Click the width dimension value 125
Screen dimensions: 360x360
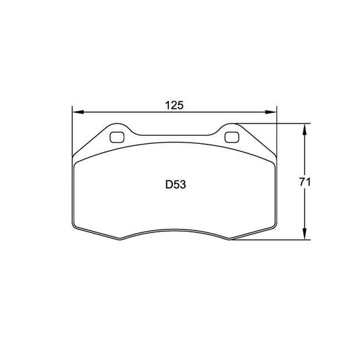point(175,105)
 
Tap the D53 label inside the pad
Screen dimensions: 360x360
point(175,184)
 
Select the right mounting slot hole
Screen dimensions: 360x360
point(232,138)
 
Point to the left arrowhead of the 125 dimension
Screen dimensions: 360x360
point(75,112)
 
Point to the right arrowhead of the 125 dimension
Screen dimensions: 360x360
point(274,112)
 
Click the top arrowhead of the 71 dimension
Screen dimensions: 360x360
point(308,127)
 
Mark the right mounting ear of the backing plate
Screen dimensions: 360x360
point(234,133)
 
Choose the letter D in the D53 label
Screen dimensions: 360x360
point(168,184)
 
